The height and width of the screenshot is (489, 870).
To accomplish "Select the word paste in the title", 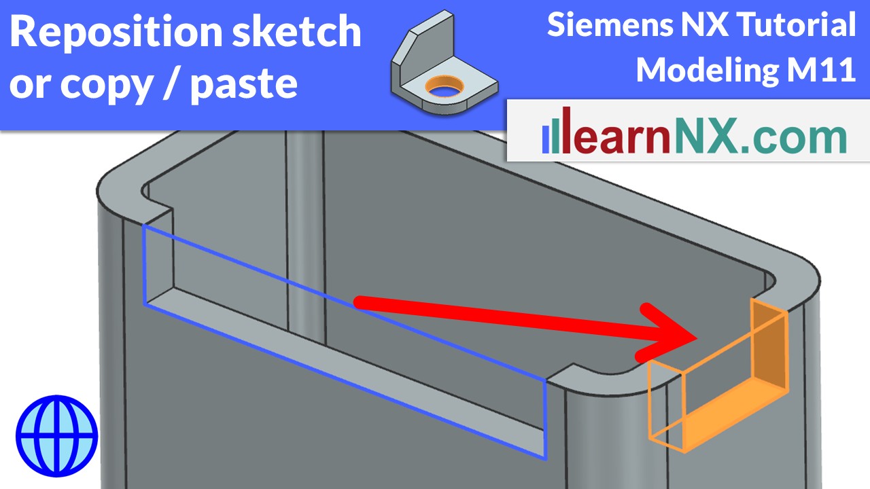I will click(244, 84).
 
